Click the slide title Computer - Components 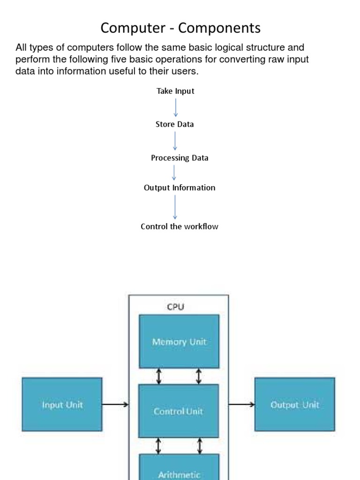coord(180,28)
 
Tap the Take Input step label coord(175,91)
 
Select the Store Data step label coord(174,124)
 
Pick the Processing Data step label coord(180,158)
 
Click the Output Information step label coord(180,187)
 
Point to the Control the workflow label coord(180,226)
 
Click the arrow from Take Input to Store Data coord(176,107)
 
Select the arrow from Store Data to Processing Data coord(175,141)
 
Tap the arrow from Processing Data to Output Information coord(174,172)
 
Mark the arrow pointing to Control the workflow coord(175,207)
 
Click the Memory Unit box coord(179,341)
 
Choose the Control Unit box coord(179,411)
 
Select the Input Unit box coord(62,405)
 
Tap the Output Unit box coord(294,405)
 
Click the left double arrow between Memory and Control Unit coord(158,376)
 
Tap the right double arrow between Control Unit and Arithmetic coord(200,446)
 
